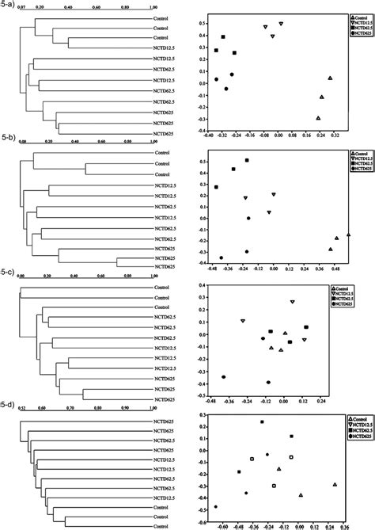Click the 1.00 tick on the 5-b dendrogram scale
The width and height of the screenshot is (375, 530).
pyautogui.click(x=149, y=143)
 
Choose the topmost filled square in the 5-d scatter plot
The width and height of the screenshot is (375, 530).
pyautogui.click(x=262, y=422)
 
